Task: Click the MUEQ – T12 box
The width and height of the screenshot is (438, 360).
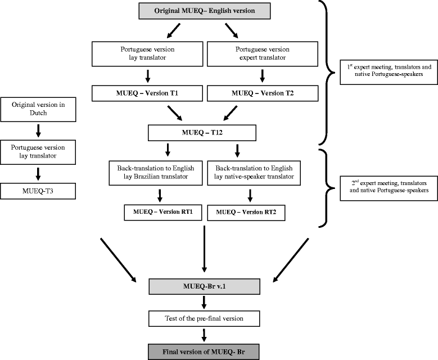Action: coord(202,133)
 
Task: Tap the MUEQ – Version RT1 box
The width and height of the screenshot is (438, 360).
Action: coord(163,213)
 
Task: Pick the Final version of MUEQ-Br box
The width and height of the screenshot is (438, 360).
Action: coord(203,352)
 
